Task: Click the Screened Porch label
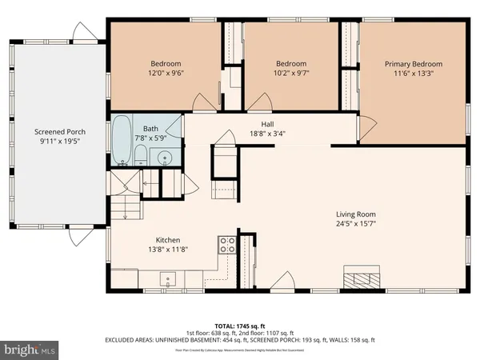click(x=59, y=132)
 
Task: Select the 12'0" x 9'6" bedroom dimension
click(x=166, y=74)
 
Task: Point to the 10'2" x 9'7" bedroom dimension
click(x=291, y=74)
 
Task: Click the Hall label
click(x=268, y=123)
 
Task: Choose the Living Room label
click(x=356, y=214)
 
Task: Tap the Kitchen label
click(x=168, y=240)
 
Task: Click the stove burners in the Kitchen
click(x=227, y=244)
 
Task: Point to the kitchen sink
click(x=168, y=279)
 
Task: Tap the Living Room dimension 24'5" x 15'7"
click(x=356, y=225)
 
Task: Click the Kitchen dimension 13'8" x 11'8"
click(x=168, y=250)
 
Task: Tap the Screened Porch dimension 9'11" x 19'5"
click(x=59, y=142)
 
